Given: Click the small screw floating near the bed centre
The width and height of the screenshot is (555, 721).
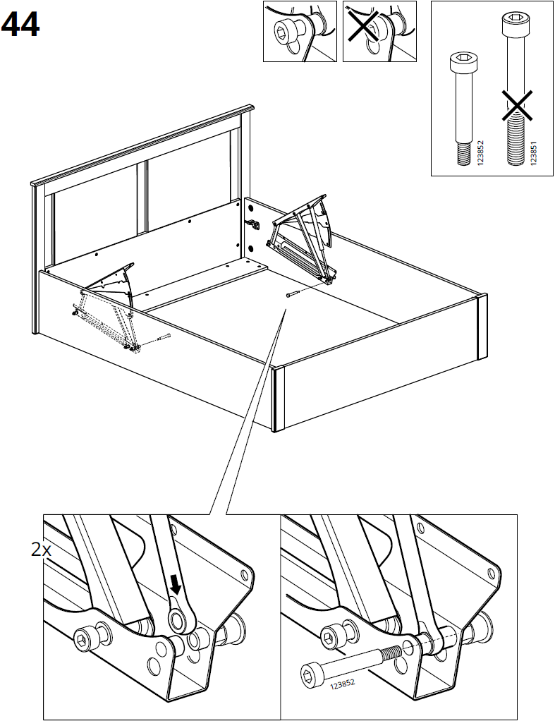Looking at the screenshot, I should tap(293, 294).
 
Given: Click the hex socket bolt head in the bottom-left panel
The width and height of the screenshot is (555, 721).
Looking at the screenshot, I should tap(84, 639).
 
